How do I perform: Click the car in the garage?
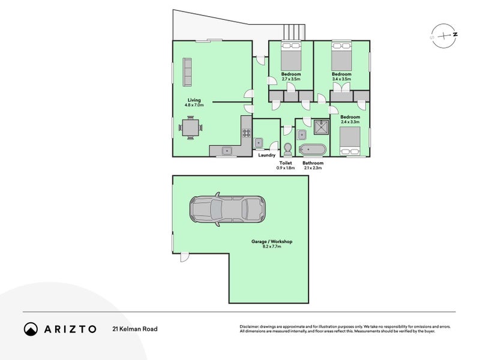click(226, 209)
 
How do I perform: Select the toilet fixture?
click(287, 148)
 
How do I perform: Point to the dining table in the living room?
click(190, 128)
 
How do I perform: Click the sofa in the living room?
click(187, 73)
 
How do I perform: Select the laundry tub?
click(259, 143)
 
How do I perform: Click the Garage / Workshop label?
click(272, 241)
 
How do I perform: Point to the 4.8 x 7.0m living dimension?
click(194, 105)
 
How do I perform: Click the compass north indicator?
click(455, 35)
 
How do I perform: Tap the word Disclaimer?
click(251, 325)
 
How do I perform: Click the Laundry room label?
click(266, 156)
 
